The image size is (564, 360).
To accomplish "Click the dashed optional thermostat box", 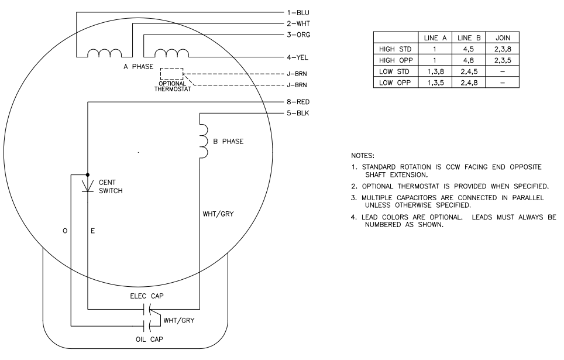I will pos(172,74).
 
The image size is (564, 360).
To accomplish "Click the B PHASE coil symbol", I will pos(203,140).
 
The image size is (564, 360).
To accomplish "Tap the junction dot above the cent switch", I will pos(87,174).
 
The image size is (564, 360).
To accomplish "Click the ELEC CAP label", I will pos(146,296).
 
